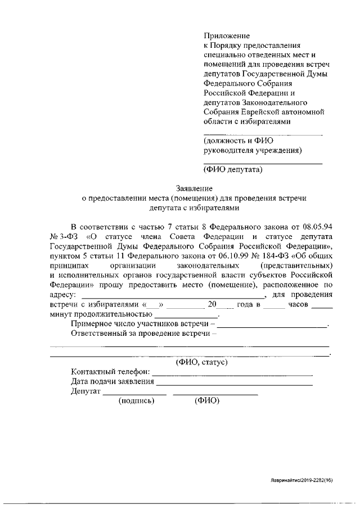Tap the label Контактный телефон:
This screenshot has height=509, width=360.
coord(110,372)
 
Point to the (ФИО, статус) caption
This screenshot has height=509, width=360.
coord(201,363)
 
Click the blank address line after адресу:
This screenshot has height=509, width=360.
coord(172,296)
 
